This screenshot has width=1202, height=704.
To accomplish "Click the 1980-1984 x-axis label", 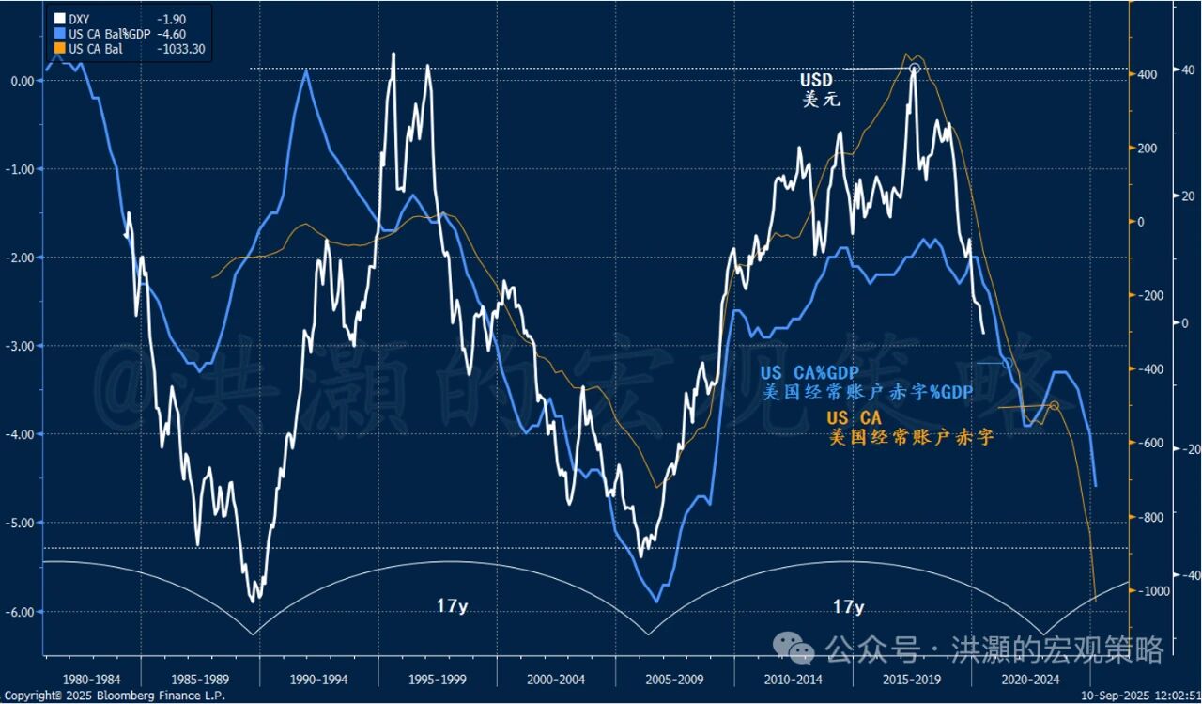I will [92, 678].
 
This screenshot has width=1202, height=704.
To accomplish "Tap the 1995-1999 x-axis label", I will [438, 678].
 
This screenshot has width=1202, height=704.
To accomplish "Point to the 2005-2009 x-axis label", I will [675, 678].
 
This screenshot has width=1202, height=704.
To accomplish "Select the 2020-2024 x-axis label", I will [1031, 678].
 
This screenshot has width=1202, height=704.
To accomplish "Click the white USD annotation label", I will [815, 81].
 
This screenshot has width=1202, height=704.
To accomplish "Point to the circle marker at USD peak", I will [914, 69].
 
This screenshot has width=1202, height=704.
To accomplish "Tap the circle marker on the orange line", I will [1053, 405].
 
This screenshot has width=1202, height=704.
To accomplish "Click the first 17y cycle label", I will [452, 606].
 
